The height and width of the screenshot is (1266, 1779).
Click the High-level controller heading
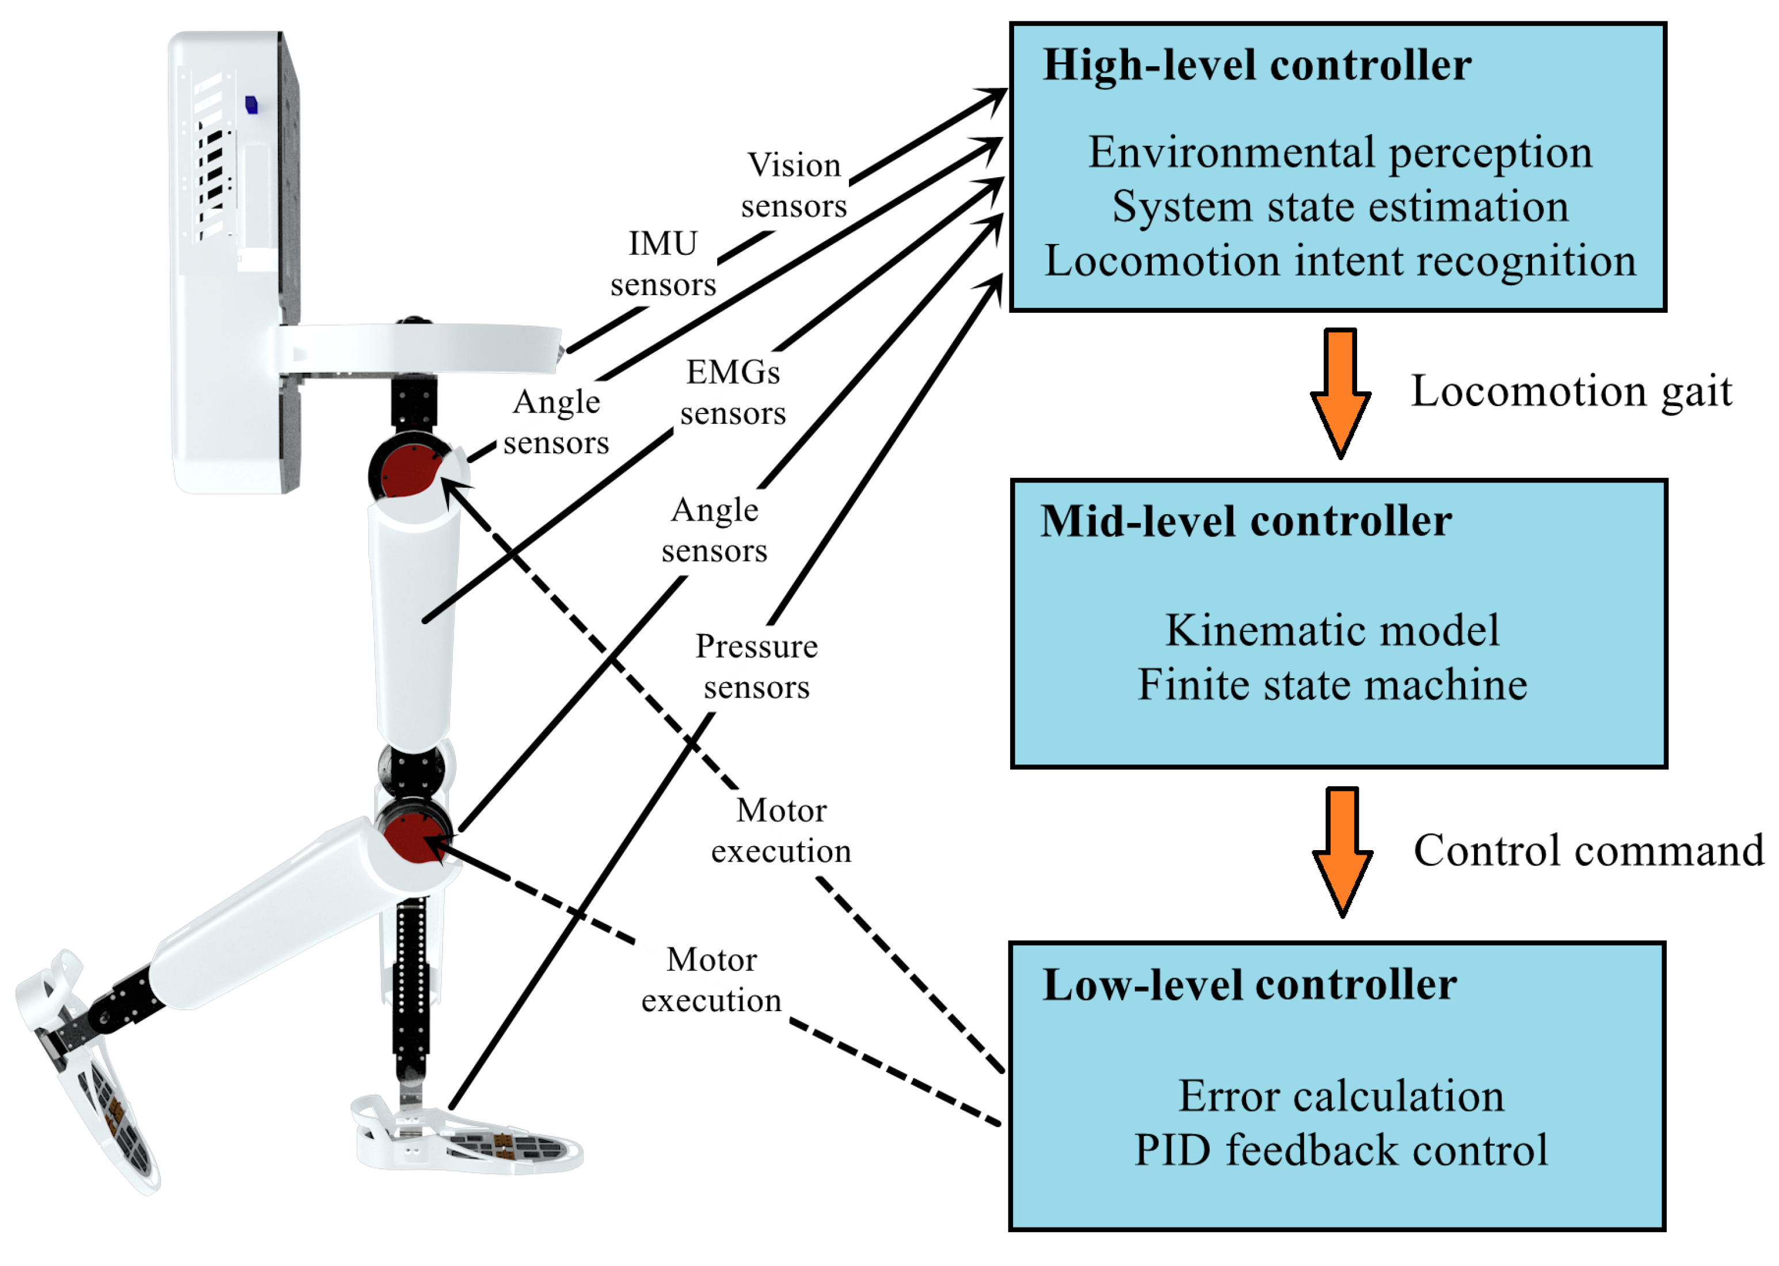point(1256,66)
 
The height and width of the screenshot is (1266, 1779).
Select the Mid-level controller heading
point(1245,522)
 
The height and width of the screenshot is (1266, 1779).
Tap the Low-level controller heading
point(1249,985)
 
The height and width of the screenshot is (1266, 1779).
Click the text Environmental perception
point(1339,153)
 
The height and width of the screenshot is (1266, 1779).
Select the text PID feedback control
point(1340,1150)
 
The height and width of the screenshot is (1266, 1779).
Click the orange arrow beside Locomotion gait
point(1340,393)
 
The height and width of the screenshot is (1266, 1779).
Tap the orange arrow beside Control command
point(1342,852)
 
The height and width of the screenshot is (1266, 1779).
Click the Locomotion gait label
point(1570,391)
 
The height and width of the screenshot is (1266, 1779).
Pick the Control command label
point(1587,851)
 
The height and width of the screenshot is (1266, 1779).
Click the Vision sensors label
point(793,186)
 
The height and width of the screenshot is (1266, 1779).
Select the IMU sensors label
point(663,264)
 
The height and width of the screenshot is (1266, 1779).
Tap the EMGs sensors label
point(732,393)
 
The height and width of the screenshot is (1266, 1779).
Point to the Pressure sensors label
point(756,667)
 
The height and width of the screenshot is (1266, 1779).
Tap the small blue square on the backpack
point(251,105)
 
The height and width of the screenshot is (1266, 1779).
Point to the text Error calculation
point(1340,1097)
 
